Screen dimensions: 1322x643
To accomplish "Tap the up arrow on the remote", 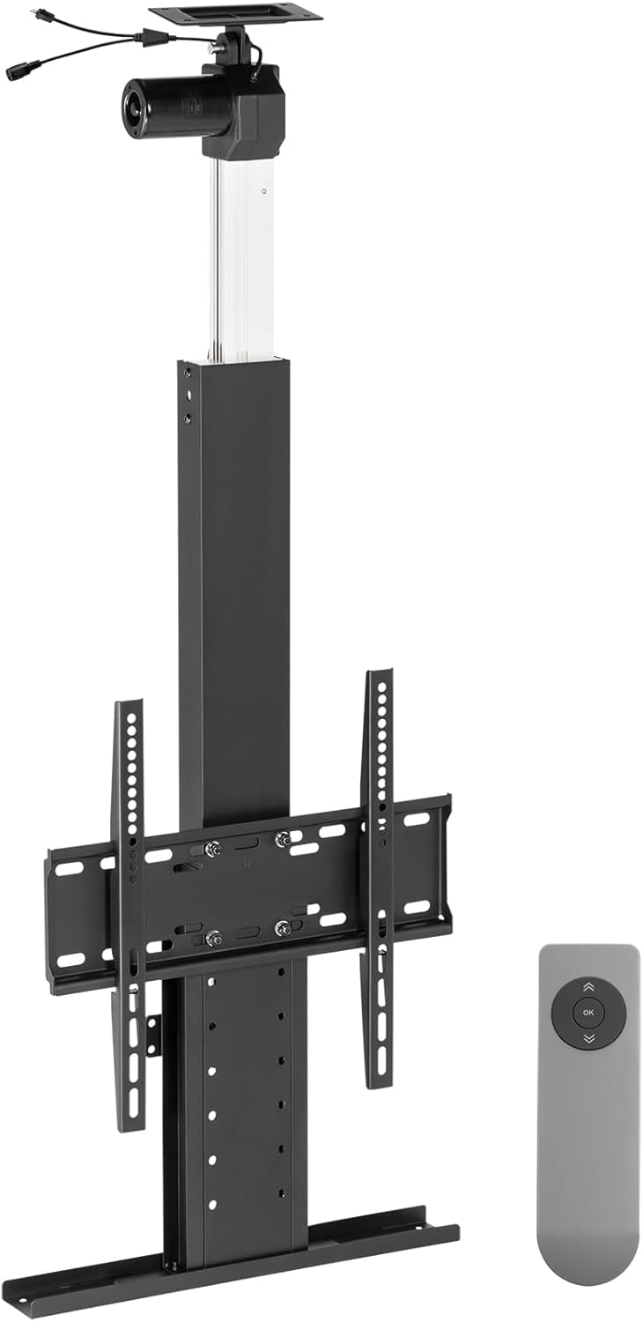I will (588, 987).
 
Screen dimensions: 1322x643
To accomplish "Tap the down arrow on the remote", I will (588, 1039).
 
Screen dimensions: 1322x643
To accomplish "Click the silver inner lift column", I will (240, 264).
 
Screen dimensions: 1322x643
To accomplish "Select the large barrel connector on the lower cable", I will (19, 73).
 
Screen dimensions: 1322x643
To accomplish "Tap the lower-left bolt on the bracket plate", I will (212, 938).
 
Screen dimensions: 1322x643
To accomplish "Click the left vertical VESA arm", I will (130, 917).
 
